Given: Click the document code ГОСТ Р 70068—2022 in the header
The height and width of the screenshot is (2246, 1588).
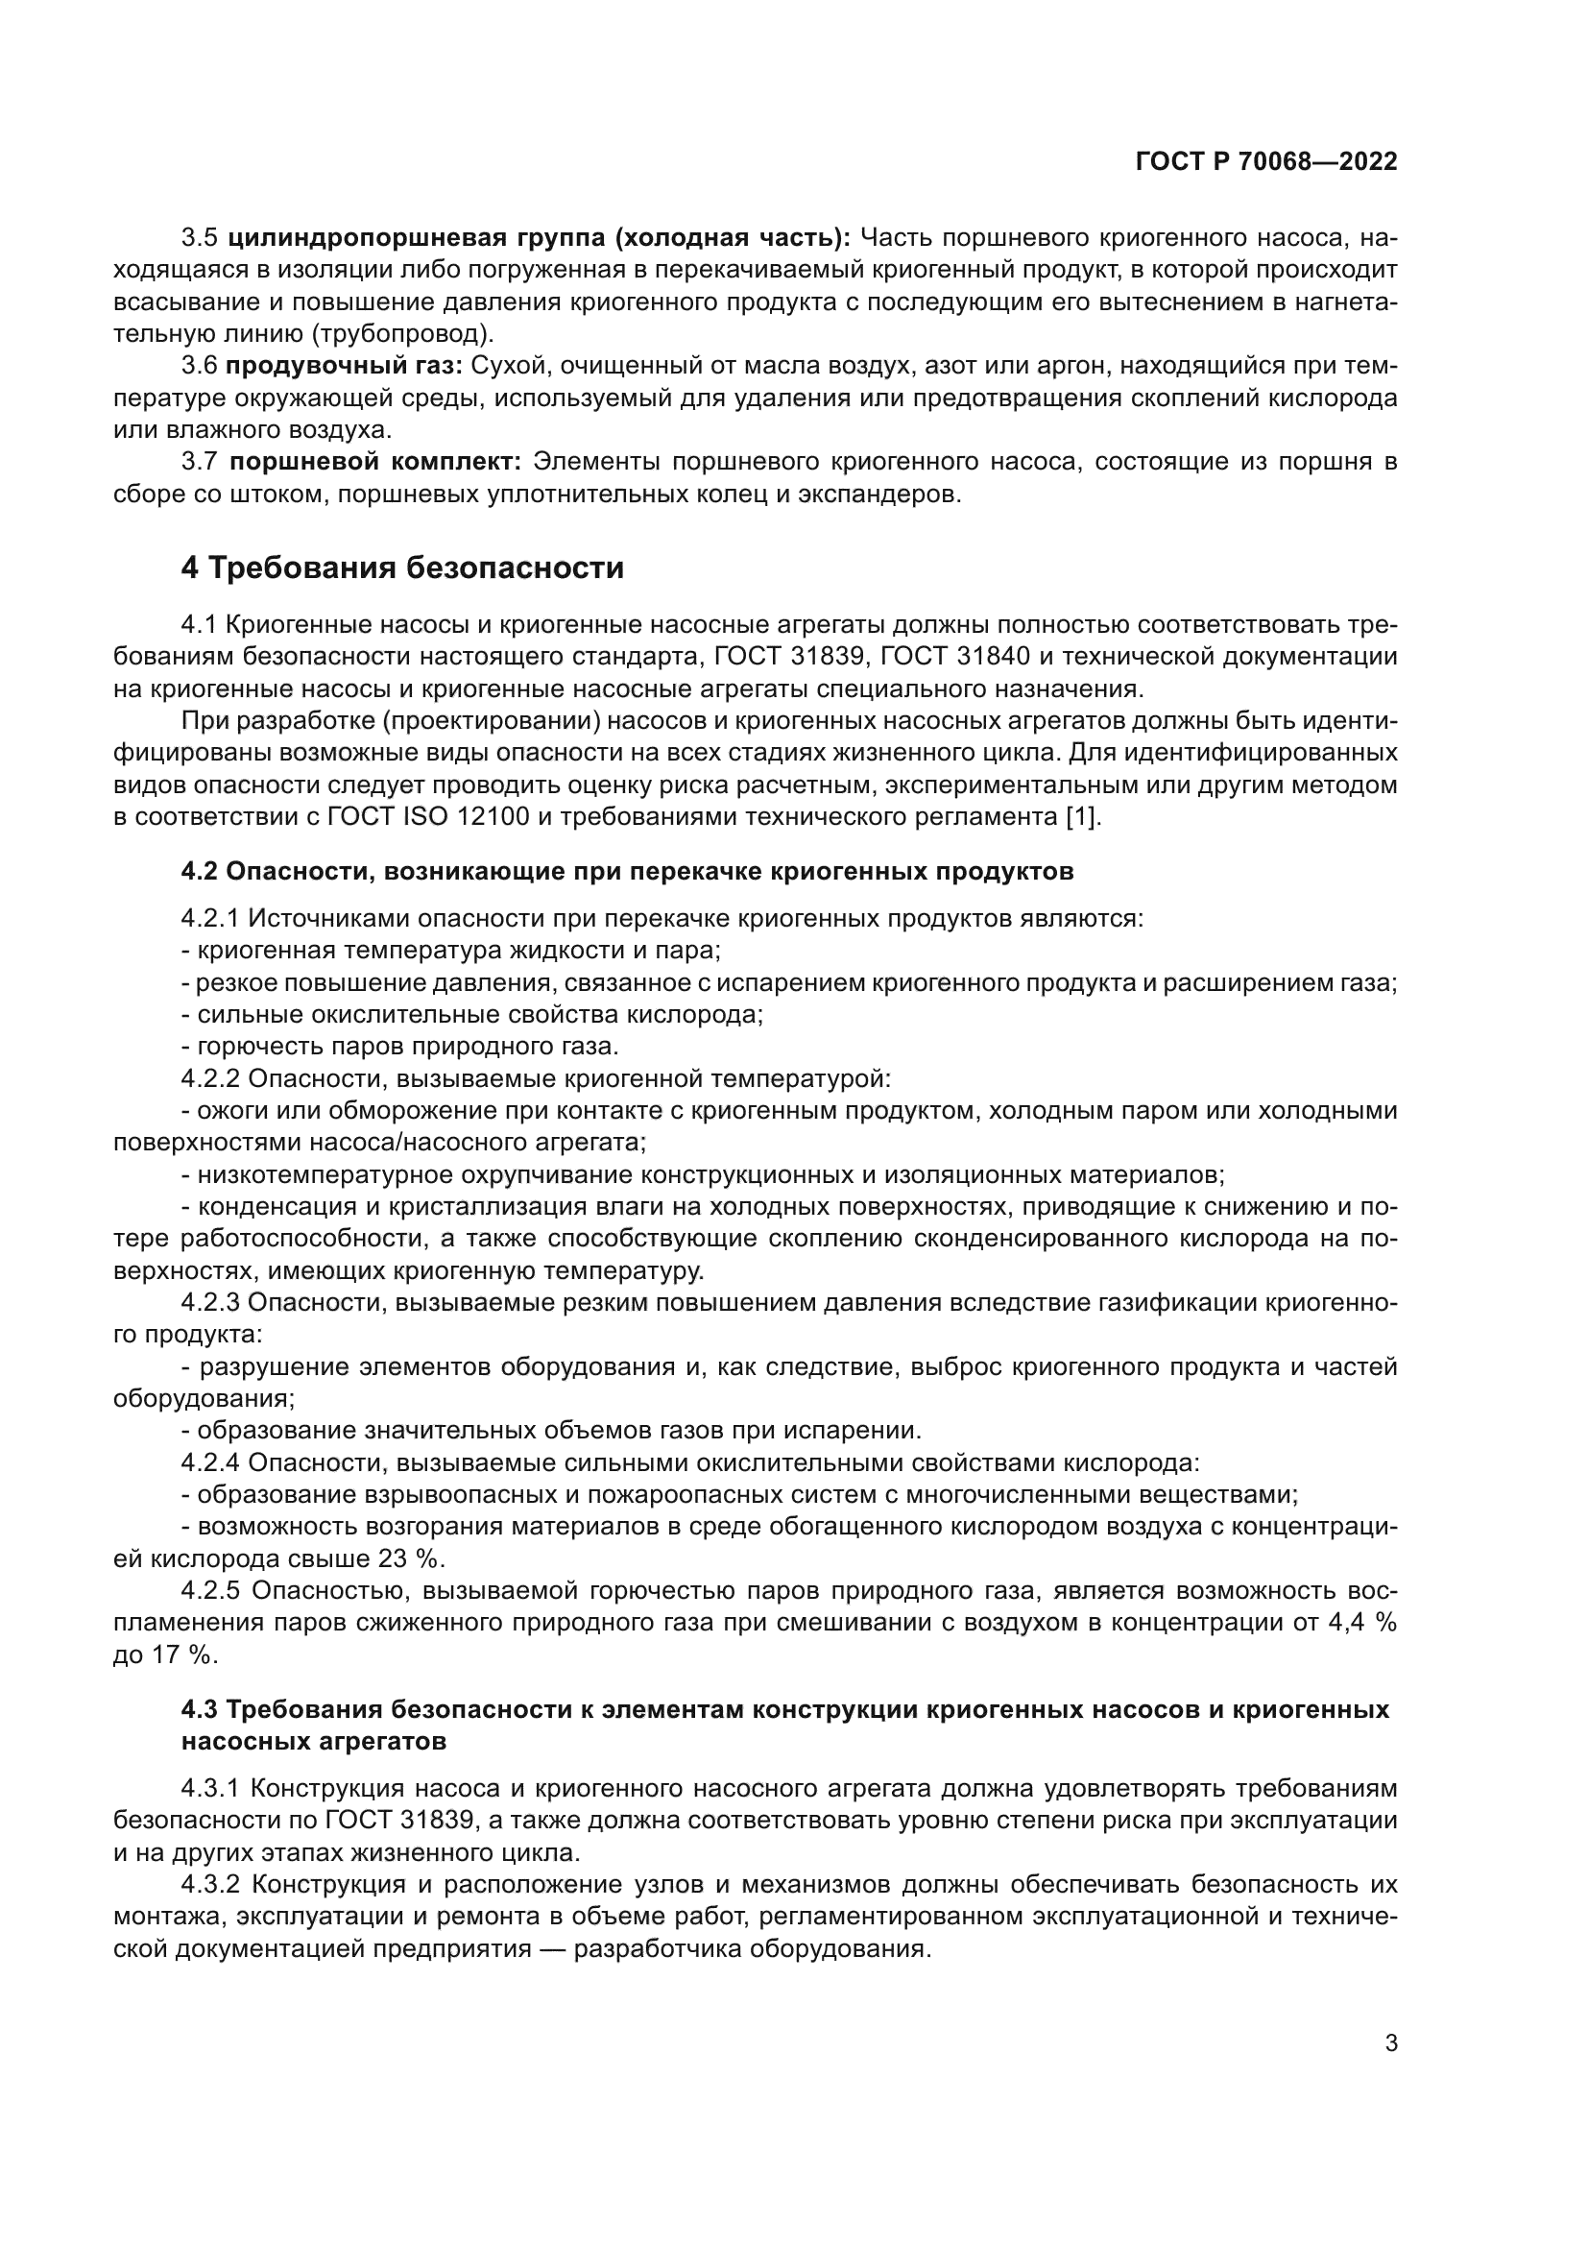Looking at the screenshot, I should point(1266,161).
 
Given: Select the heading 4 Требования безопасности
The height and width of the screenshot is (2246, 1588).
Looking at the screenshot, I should point(402,568).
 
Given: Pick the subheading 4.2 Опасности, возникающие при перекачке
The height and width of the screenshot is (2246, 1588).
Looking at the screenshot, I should point(627,871).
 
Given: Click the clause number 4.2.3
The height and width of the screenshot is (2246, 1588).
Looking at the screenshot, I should point(210,1302).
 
